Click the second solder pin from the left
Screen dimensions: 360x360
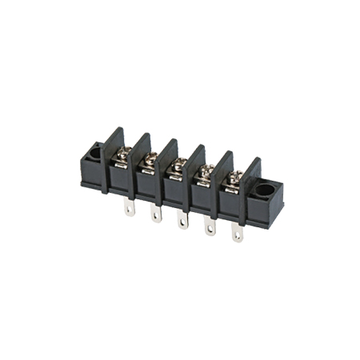pyautogui.click(x=155, y=214)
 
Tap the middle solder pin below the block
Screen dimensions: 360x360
pyautogui.click(x=182, y=221)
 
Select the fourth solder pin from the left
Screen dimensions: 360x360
pyautogui.click(x=209, y=227)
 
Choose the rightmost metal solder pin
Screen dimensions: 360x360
pyautogui.click(x=237, y=234)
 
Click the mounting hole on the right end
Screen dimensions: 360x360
pyautogui.click(x=265, y=191)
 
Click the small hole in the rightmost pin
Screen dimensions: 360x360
pyautogui.click(x=237, y=237)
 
